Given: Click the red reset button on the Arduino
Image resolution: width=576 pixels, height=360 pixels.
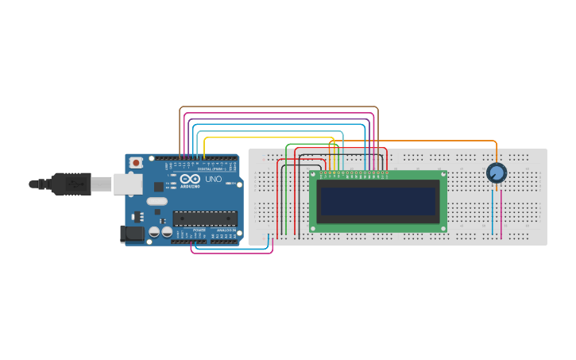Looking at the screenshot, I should [136, 162].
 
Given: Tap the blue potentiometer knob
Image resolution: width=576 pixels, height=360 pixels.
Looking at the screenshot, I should [496, 172].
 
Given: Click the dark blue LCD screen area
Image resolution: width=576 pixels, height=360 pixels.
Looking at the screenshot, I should [378, 201].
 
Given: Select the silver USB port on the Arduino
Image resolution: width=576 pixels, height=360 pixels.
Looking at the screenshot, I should [126, 184].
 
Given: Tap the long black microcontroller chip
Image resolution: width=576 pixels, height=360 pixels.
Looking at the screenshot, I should [204, 218].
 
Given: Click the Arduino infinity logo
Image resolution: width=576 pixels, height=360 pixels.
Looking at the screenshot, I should [190, 180].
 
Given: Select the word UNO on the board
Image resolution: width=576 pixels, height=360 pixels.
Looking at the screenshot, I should [214, 179].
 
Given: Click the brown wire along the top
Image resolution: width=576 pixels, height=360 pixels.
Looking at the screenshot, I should [278, 106].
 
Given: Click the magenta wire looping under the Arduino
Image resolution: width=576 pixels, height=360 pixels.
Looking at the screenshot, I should [230, 254].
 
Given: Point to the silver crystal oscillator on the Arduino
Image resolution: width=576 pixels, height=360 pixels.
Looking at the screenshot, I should [157, 201].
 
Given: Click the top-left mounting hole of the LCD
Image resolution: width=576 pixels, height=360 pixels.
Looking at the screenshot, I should [314, 175].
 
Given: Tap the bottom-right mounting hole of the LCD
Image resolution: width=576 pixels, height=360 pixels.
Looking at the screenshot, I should [443, 228].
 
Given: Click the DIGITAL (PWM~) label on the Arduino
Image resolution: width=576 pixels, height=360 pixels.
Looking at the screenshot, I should [211, 169].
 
